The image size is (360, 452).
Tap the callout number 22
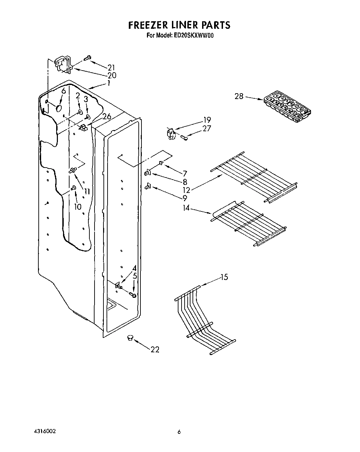[155, 350]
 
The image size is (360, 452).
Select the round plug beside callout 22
[129, 338]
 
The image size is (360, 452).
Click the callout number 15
[224, 277]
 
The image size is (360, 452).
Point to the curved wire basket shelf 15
[202, 319]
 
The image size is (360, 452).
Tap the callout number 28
[239, 96]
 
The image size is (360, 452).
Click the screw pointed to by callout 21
[87, 58]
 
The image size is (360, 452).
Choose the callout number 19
[207, 120]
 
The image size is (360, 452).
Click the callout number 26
[107, 117]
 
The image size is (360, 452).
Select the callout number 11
[87, 191]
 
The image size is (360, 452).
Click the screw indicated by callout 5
[133, 295]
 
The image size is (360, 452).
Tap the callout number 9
[185, 198]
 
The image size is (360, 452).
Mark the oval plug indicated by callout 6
[59, 109]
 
